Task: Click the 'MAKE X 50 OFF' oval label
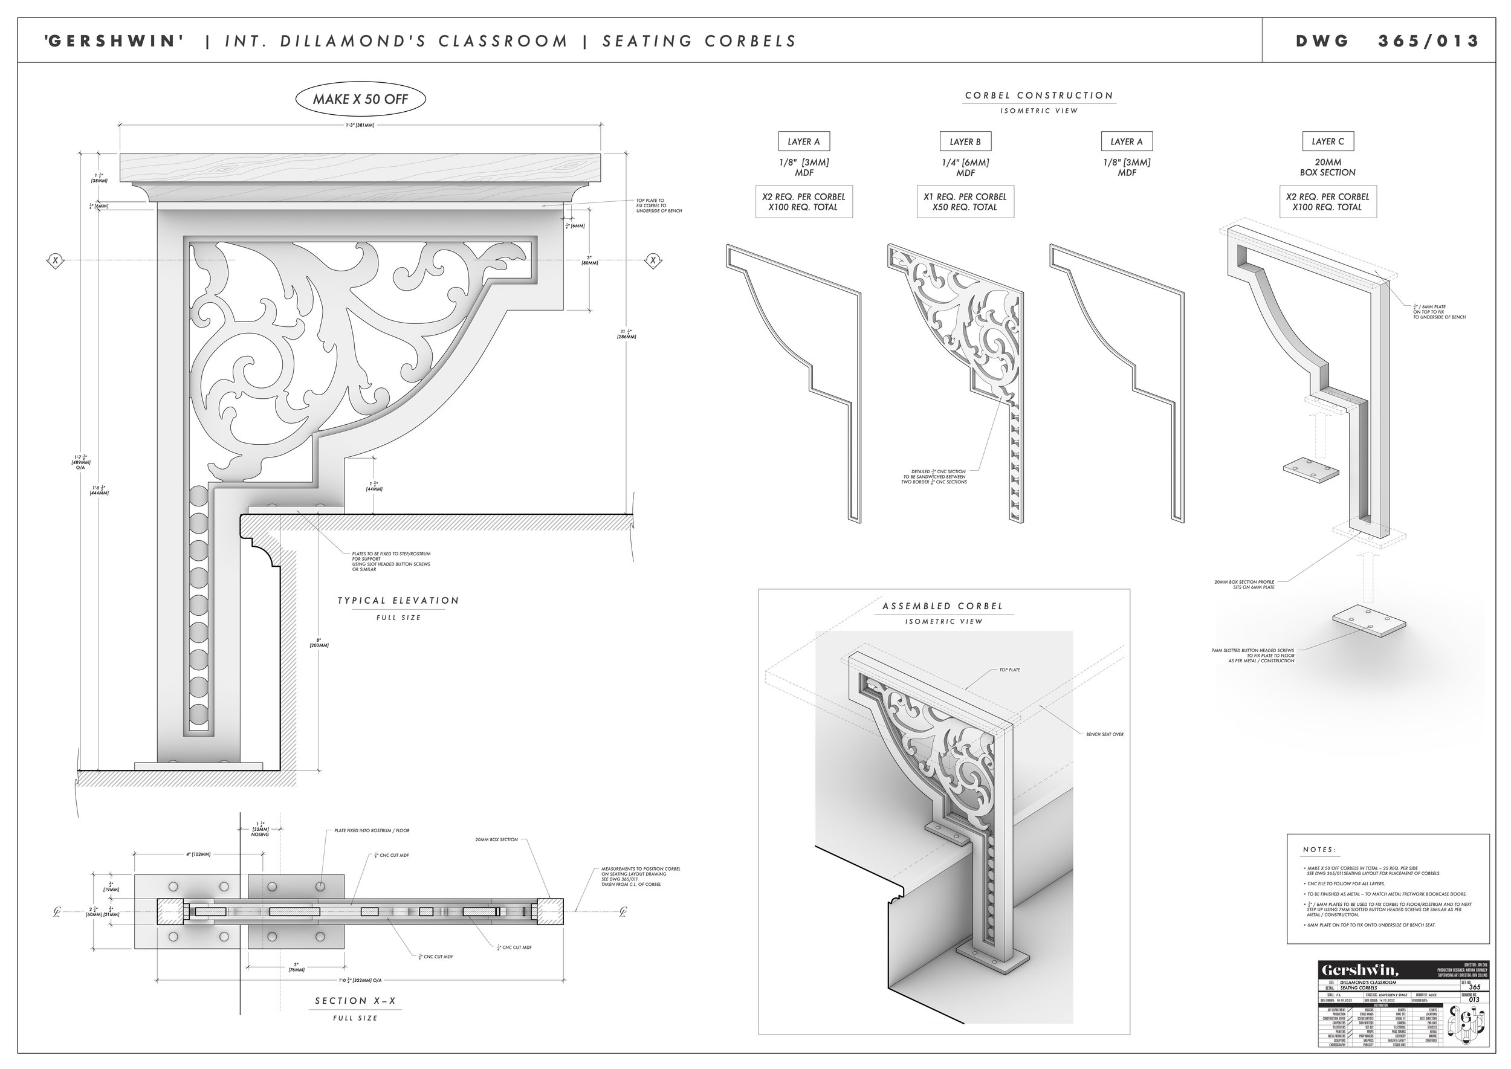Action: [360, 99]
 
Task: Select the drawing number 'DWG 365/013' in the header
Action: [1386, 41]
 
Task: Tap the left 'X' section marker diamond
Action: [56, 260]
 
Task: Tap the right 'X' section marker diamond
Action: [653, 260]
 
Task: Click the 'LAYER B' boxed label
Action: [965, 141]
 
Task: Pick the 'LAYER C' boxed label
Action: [1327, 141]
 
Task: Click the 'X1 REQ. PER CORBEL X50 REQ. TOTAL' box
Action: [965, 201]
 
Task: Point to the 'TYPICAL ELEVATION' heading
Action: [398, 600]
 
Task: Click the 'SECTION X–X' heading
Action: [355, 1001]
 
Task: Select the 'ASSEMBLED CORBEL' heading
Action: [943, 606]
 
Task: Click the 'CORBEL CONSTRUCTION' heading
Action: [1039, 95]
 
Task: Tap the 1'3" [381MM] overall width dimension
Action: [360, 125]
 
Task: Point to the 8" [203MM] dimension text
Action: [319, 642]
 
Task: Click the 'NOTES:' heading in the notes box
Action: [1319, 850]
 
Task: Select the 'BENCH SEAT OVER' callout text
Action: [1104, 734]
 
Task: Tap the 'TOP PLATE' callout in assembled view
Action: [1009, 670]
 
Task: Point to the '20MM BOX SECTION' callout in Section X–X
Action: [496, 840]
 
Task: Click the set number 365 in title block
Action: [1474, 987]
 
